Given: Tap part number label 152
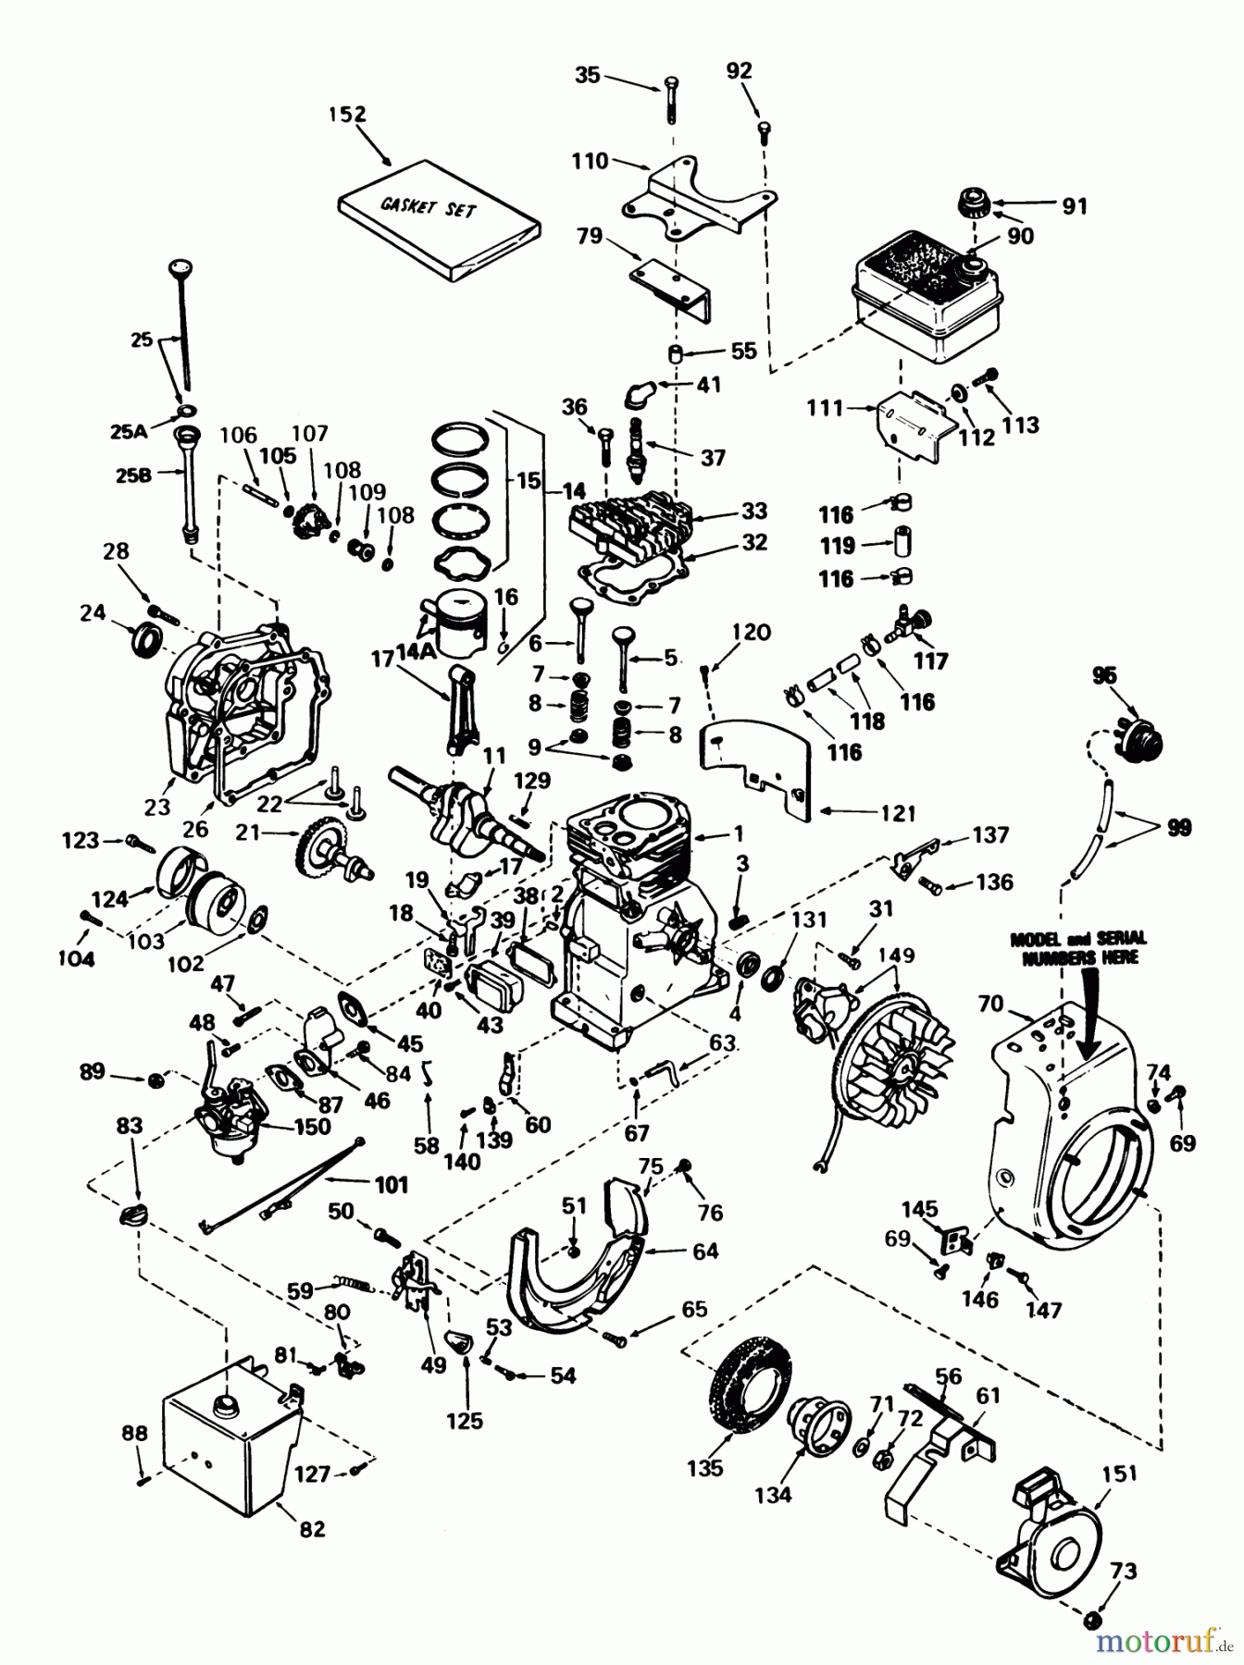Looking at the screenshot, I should click(347, 114).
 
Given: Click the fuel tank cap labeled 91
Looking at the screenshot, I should click(975, 201).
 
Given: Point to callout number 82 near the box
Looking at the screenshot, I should click(313, 1529).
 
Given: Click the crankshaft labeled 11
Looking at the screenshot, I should click(463, 807).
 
